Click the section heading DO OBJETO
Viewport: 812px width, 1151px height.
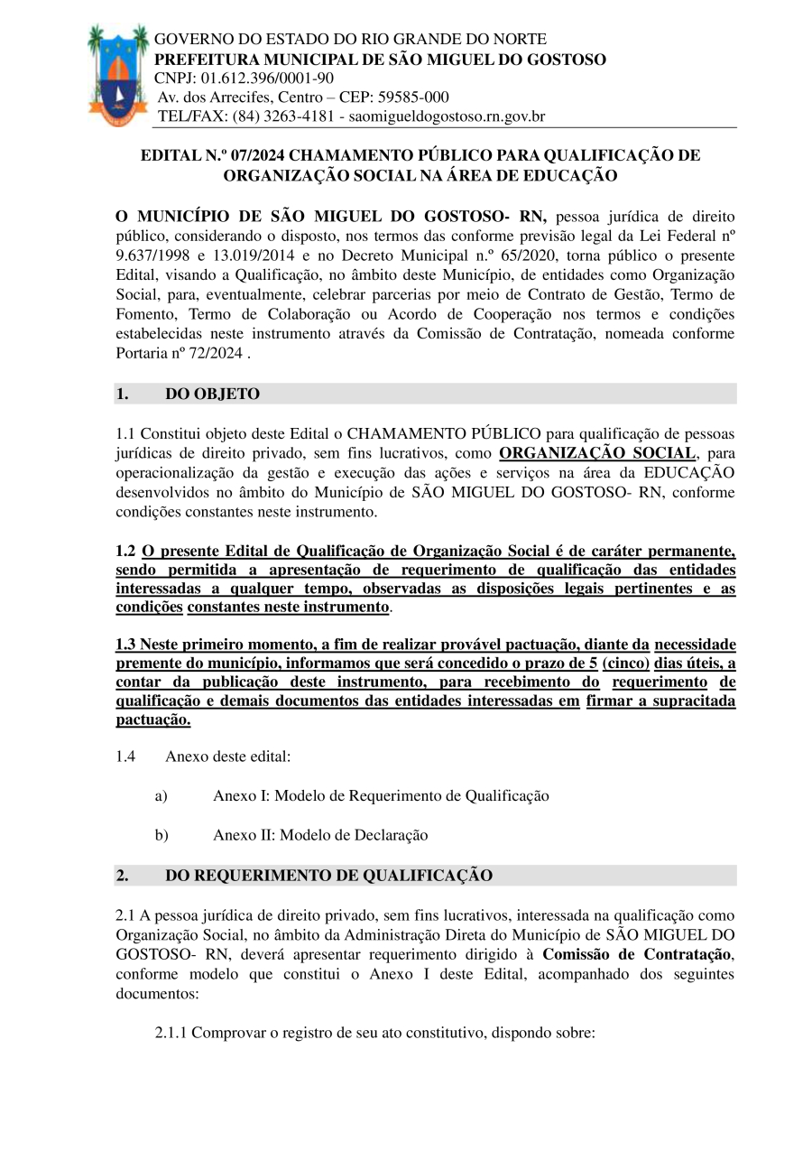212,394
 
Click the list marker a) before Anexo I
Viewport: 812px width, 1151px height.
161,796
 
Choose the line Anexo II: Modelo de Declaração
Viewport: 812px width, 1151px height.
320,835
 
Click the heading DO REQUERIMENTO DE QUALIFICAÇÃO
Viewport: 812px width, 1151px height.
328,876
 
